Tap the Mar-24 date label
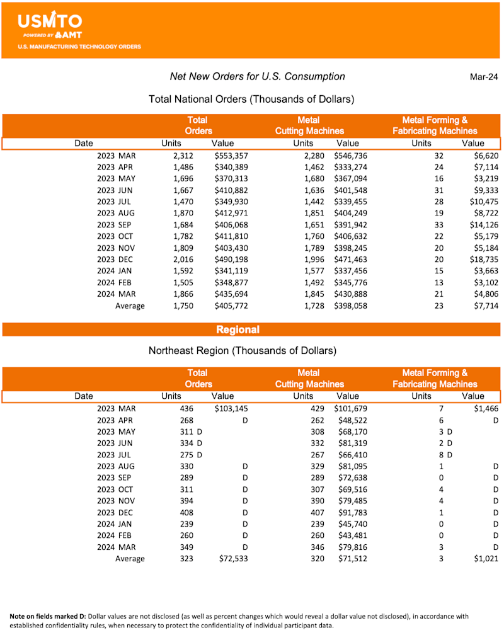484,77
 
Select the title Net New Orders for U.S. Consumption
257,76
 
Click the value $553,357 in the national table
231,156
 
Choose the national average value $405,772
231,306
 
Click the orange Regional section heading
238,329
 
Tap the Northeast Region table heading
243,350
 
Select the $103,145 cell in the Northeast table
231,409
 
